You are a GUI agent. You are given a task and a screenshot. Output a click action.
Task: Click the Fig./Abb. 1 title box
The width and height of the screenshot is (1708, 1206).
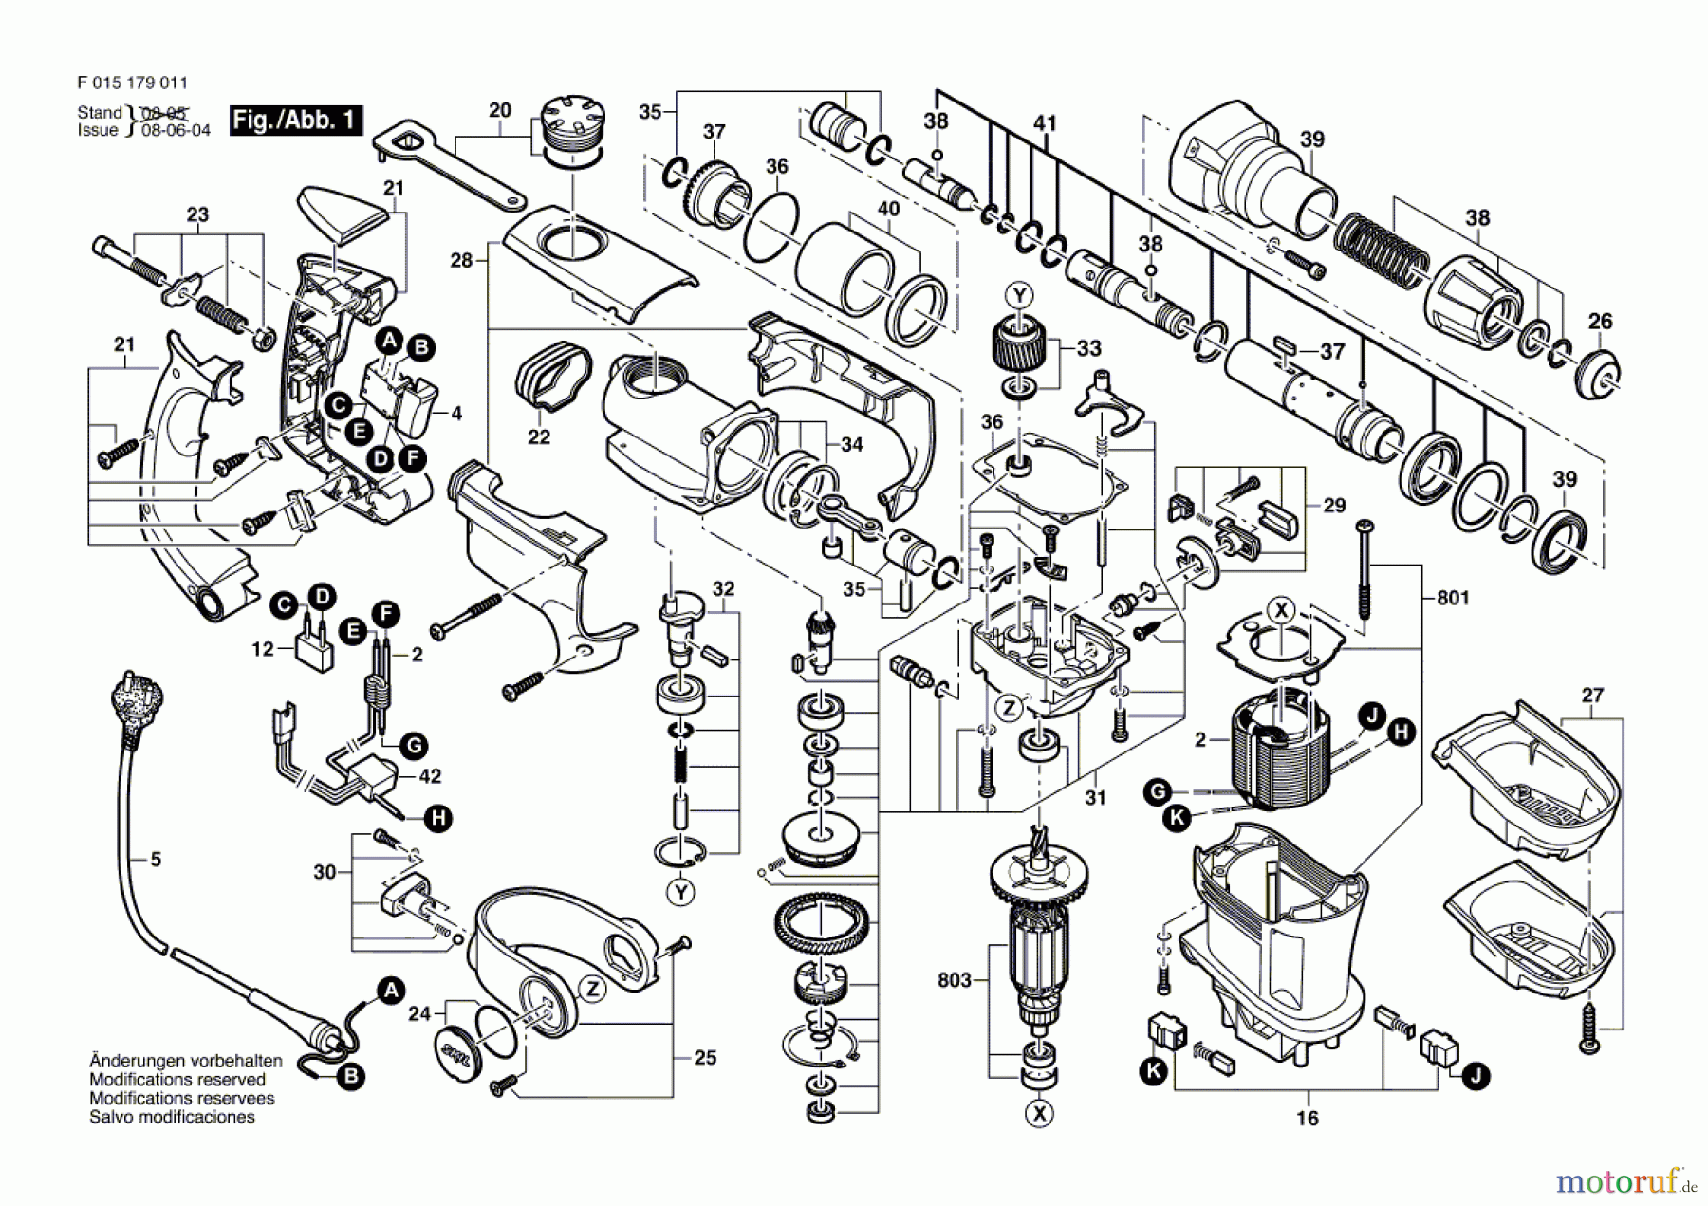click(x=295, y=120)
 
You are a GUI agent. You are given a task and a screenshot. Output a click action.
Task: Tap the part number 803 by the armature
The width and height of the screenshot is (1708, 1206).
click(x=955, y=979)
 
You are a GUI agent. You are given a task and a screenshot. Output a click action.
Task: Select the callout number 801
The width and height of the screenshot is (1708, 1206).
click(x=1453, y=598)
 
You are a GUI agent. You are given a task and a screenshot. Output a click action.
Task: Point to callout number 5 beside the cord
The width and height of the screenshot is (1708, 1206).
click(x=156, y=860)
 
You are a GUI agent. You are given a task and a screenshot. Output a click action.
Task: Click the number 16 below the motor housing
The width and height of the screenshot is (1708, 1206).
click(x=1308, y=1119)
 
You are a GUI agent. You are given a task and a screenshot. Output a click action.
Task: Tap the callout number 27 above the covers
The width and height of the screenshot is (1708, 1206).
click(x=1592, y=696)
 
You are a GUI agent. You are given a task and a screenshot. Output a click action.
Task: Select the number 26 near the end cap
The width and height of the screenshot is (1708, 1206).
click(x=1600, y=322)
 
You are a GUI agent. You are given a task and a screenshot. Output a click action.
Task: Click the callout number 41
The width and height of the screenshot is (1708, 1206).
click(x=1045, y=123)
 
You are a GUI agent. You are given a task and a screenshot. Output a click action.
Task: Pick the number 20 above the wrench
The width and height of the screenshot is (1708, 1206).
click(x=500, y=110)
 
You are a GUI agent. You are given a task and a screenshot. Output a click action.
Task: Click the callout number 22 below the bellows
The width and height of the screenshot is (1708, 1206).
click(x=539, y=437)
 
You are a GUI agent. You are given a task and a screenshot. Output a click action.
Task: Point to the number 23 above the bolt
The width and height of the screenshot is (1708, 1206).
click(x=197, y=215)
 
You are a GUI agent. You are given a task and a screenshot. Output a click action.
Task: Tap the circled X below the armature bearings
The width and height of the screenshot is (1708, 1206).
click(x=1040, y=1113)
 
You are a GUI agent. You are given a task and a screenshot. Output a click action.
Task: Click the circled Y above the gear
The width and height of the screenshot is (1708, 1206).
click(x=1020, y=296)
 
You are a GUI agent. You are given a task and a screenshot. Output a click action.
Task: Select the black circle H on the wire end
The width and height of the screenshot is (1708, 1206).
click(x=437, y=818)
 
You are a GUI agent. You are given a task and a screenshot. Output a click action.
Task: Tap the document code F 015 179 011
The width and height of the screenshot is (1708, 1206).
click(x=133, y=83)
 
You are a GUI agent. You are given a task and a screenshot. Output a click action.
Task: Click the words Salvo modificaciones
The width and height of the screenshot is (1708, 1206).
click(x=172, y=1118)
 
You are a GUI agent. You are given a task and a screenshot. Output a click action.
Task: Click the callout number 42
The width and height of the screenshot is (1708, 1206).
click(x=430, y=776)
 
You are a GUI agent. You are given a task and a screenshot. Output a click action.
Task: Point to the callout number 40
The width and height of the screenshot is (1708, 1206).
click(x=888, y=209)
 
